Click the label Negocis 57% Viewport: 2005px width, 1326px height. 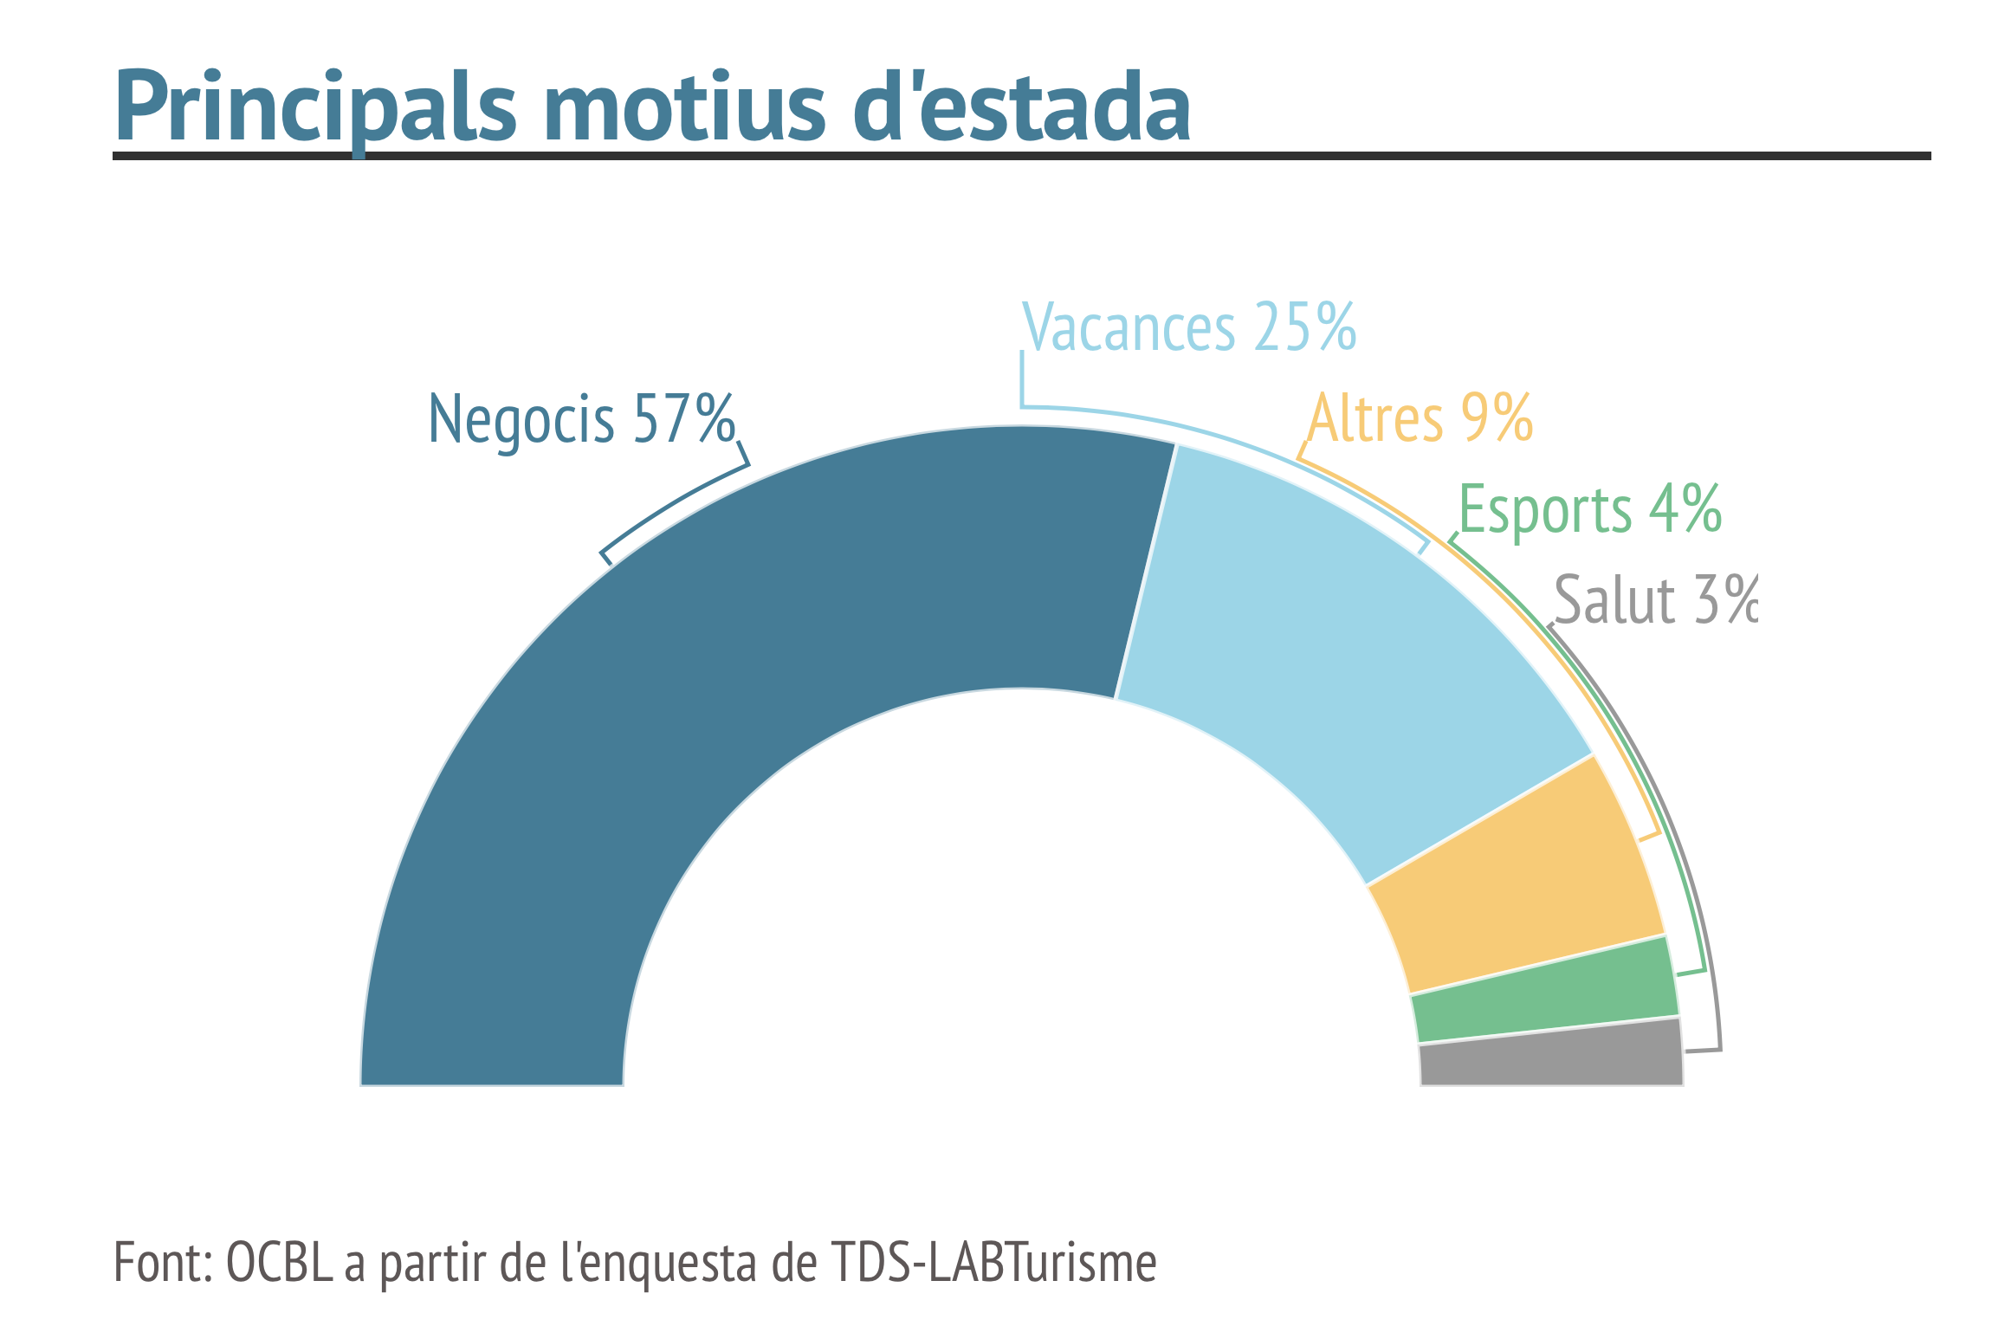[x=582, y=419]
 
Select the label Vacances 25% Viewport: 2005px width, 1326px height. [x=1189, y=327]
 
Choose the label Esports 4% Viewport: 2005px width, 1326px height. [x=1590, y=509]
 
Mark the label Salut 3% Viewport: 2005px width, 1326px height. [x=1656, y=599]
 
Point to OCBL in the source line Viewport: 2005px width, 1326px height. [x=279, y=1262]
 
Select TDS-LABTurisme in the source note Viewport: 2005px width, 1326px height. [x=993, y=1262]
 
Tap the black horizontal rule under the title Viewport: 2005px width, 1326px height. [x=1022, y=156]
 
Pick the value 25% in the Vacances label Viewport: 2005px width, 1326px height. [x=1304, y=327]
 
